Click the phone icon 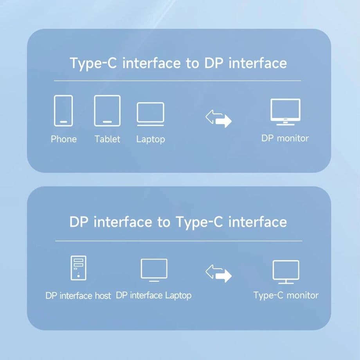(63, 110)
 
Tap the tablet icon (107, 110)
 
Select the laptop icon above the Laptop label (150, 114)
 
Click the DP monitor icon (285, 112)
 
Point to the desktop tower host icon (78, 268)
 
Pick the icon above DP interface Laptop (154, 270)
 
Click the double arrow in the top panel (219, 118)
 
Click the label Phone (64, 139)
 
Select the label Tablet (107, 139)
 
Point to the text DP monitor (285, 138)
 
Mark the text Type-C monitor (286, 295)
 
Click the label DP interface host (78, 295)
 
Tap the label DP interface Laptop (154, 295)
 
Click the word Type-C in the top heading (94, 63)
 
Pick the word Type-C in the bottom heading (200, 222)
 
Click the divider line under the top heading (177, 81)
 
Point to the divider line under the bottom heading (178, 241)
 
